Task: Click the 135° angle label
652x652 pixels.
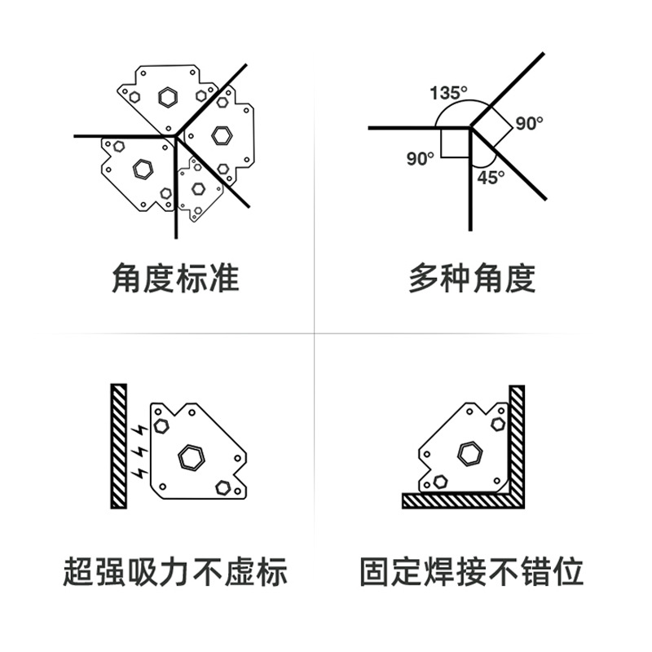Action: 449,93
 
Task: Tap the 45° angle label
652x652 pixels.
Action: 491,177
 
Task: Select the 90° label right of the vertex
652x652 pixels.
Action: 529,124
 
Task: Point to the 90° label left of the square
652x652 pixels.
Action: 421,159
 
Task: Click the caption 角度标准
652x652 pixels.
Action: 175,278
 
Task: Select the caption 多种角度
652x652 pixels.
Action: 472,278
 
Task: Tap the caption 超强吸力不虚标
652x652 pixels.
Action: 175,571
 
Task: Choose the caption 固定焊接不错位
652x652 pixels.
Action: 472,571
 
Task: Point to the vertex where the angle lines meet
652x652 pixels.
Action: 470,128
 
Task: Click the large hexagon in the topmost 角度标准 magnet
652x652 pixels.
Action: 168,97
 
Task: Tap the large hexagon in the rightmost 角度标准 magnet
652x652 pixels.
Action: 220,134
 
